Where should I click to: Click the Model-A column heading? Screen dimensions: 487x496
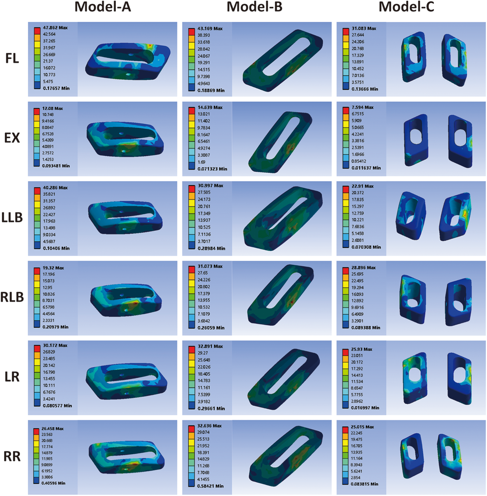coord(103,7)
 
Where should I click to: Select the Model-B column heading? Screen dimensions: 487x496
coord(255,7)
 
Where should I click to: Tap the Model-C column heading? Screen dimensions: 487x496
coord(406,7)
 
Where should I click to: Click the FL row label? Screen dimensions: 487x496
coord(12,58)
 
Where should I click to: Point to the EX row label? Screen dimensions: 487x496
coord(12,138)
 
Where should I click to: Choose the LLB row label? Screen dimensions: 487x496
coord(12,218)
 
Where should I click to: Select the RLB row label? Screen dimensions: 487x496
coord(12,297)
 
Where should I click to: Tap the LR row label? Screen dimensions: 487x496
coord(12,377)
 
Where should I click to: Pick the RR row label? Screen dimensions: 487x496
coord(12,457)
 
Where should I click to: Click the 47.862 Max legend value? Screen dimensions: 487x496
coord(55,28)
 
